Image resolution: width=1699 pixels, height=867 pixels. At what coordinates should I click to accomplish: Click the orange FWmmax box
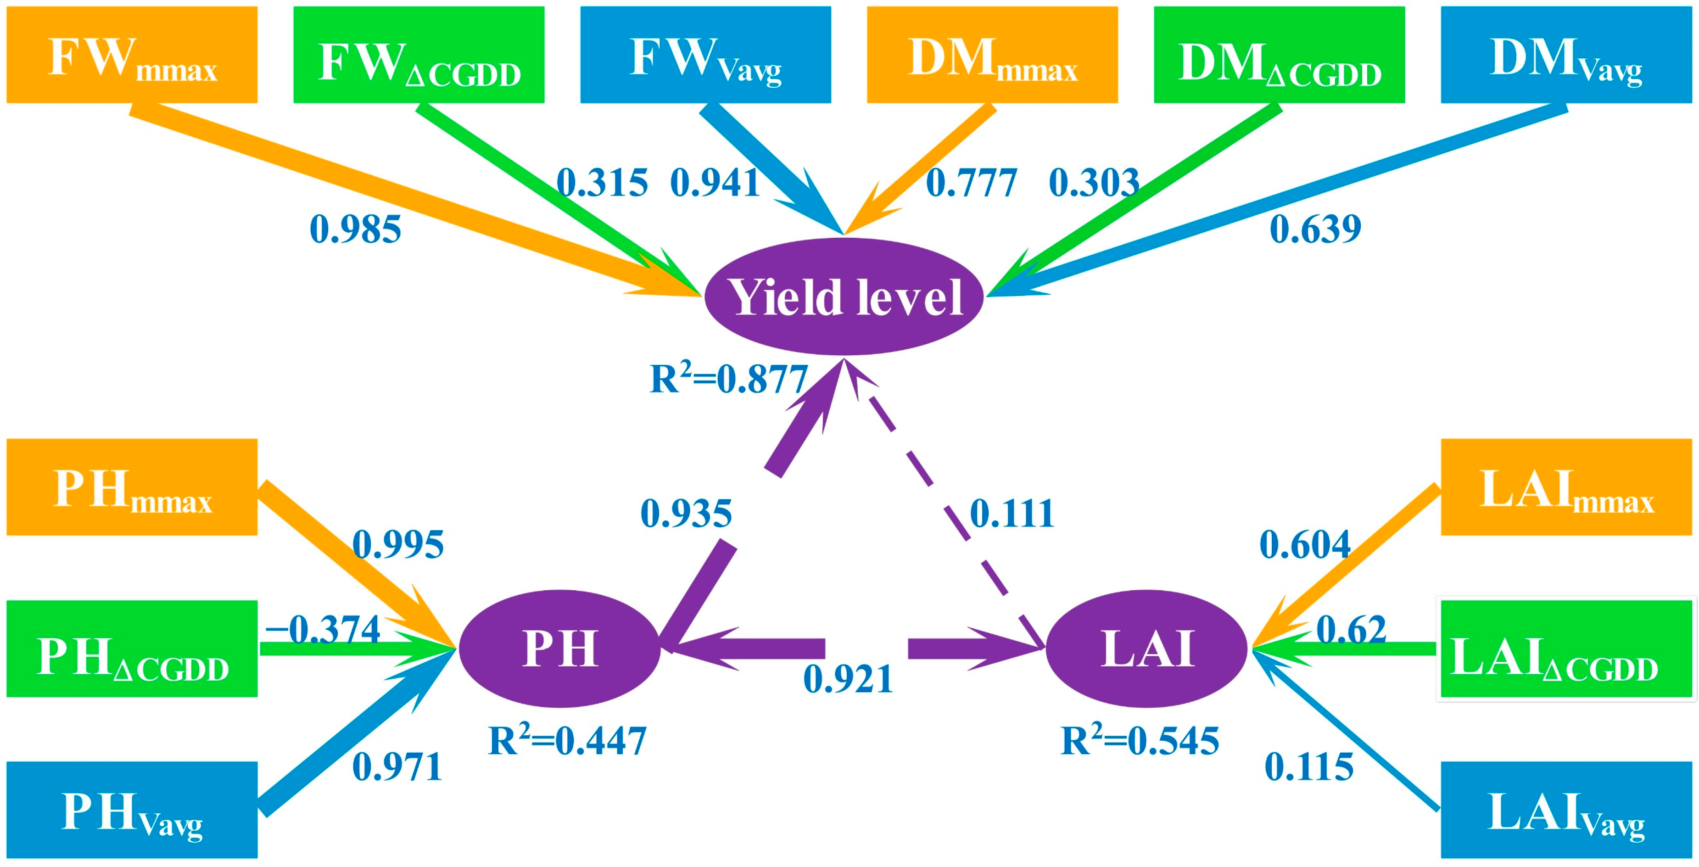(x=132, y=55)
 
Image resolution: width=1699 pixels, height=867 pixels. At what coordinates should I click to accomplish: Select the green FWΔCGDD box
(x=419, y=55)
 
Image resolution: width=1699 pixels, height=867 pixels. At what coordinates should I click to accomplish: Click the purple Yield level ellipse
(x=844, y=297)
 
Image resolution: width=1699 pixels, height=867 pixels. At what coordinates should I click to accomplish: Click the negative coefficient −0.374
(x=323, y=630)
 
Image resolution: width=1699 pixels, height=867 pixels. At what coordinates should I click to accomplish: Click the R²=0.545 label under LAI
(x=1140, y=741)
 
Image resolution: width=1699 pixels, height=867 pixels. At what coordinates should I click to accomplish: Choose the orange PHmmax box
(x=132, y=487)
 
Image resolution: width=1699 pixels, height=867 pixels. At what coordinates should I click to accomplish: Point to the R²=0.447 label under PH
(x=567, y=741)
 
